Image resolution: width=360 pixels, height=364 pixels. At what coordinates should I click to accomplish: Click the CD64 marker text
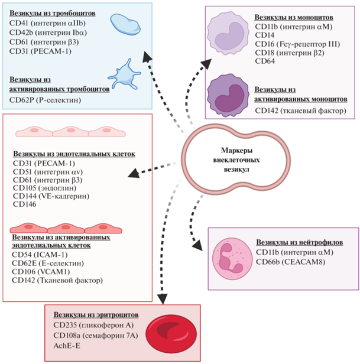(x=265, y=69)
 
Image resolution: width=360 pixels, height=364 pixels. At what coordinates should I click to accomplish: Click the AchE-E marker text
(x=67, y=348)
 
